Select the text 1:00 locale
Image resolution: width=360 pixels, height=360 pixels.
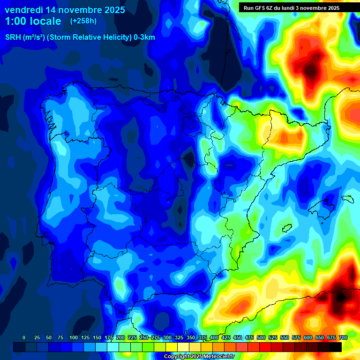[x=33, y=21]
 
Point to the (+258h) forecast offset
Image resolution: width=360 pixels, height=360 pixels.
[x=84, y=21]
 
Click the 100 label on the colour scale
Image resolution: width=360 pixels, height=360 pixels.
[x=73, y=337]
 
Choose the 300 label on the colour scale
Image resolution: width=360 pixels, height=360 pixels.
[x=167, y=337]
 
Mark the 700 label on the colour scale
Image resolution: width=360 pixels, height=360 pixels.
[x=343, y=337]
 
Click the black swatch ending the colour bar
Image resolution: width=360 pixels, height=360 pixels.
[x=336, y=347]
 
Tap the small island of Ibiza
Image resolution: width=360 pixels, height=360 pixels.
[x=287, y=228]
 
